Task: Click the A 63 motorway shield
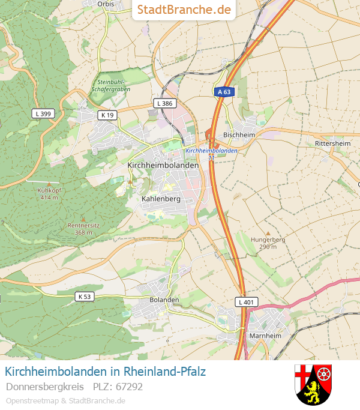pos(223,92)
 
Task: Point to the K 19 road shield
pos(107,115)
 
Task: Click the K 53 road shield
pos(85,297)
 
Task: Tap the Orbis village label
pos(105,4)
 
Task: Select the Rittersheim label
pos(332,143)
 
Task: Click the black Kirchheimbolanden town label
pos(163,164)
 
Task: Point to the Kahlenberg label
pos(161,198)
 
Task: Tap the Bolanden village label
pos(164,300)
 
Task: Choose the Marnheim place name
pos(265,336)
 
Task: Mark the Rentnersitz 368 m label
pos(83,229)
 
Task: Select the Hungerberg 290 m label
pos(268,243)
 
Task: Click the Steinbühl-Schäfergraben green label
pos(110,86)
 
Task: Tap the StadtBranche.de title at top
pos(184,10)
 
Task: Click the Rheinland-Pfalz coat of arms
pos(313,384)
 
